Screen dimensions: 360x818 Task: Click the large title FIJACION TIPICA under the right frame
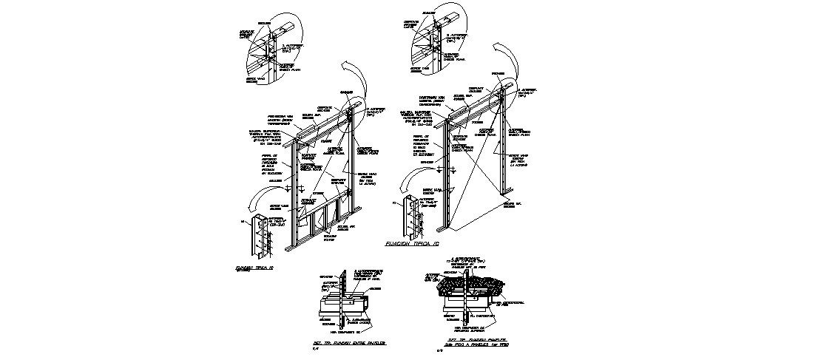click(x=413, y=242)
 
